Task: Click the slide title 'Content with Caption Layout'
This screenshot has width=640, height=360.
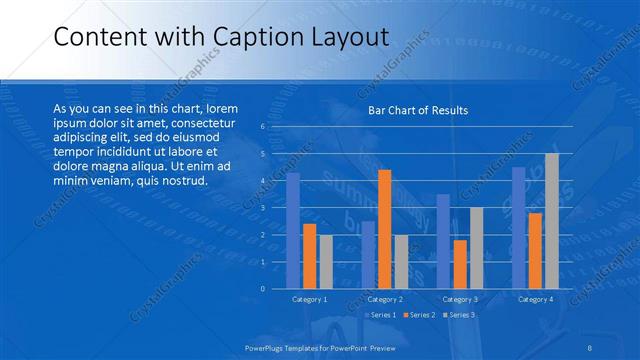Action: pyautogui.click(x=220, y=37)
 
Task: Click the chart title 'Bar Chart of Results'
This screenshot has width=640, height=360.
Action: pyautogui.click(x=418, y=110)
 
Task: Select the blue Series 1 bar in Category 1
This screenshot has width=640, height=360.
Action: pyautogui.click(x=293, y=231)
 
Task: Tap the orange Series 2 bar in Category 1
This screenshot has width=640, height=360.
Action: pyautogui.click(x=309, y=256)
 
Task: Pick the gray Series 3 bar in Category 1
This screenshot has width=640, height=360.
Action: pyautogui.click(x=325, y=262)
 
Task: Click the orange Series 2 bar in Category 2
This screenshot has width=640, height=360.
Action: pyautogui.click(x=384, y=229)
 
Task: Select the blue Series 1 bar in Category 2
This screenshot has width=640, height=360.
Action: pyautogui.click(x=368, y=255)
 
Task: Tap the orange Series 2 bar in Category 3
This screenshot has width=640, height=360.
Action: pyautogui.click(x=460, y=264)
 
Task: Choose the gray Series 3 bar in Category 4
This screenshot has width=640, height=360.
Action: pyautogui.click(x=551, y=221)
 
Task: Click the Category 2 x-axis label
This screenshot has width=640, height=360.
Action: pyautogui.click(x=384, y=299)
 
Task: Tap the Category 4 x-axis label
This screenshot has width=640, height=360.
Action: pyautogui.click(x=535, y=299)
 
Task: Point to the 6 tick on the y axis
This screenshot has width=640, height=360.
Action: pyautogui.click(x=262, y=127)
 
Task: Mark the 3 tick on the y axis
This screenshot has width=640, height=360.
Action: pyautogui.click(x=262, y=208)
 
